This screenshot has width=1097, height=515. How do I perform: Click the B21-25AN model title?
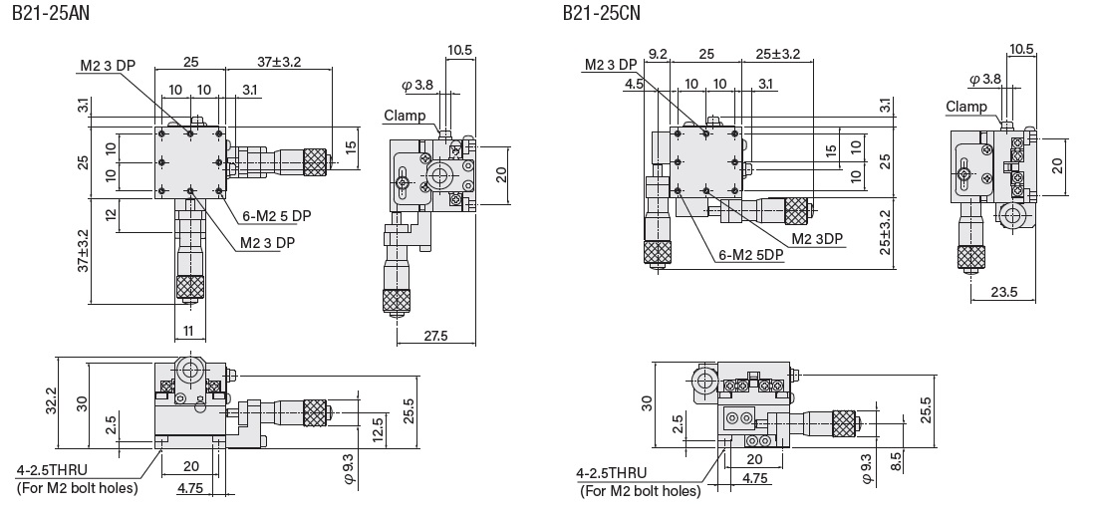tap(49, 14)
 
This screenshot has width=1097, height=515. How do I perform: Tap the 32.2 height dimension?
tap(64, 401)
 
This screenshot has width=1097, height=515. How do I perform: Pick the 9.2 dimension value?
tap(659, 54)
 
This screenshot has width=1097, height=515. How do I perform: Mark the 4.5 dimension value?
tap(634, 86)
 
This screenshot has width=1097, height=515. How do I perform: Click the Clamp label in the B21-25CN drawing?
tap(965, 107)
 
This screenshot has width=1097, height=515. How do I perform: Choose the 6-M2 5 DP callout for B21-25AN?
tap(274, 214)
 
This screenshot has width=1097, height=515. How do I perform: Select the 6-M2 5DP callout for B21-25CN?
tap(750, 254)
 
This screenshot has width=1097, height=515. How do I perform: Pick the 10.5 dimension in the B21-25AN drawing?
tap(459, 49)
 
